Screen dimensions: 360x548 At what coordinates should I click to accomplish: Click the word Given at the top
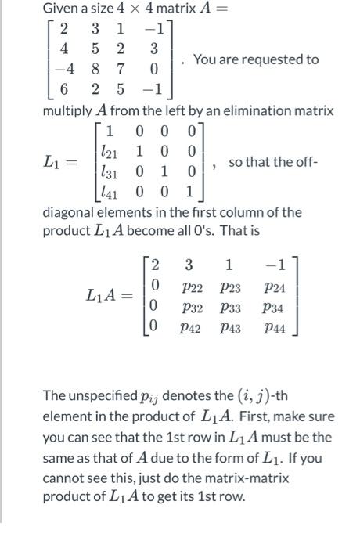[x=62, y=9]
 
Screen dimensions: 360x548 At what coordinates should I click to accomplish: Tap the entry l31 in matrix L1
[x=110, y=171]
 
